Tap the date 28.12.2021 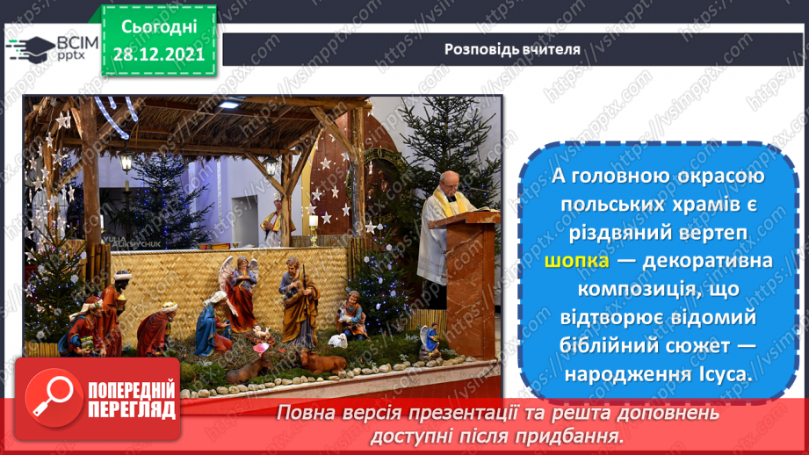[159, 54]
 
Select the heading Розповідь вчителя [512, 49]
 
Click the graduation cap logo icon [29, 47]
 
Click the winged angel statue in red [239, 292]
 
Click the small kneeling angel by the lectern [429, 340]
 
